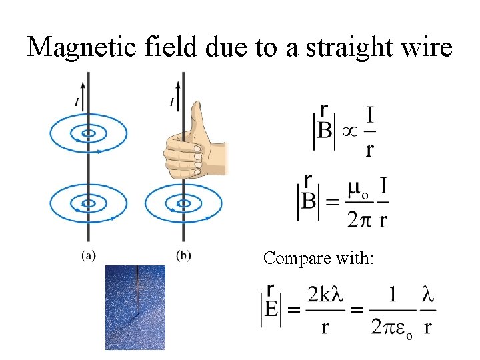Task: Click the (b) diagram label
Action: pos(183,255)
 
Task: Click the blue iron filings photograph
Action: pos(135,307)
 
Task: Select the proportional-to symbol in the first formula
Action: pos(349,130)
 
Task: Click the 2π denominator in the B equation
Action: pos(358,220)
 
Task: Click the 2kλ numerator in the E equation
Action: pos(325,294)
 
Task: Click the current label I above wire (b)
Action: pos(172,101)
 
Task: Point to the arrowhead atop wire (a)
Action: pos(87,83)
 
